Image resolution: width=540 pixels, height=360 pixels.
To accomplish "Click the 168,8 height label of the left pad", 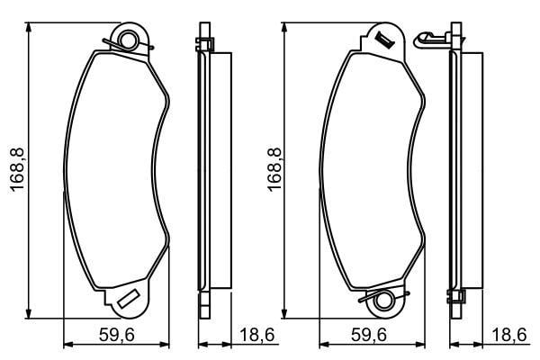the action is coord(17,169).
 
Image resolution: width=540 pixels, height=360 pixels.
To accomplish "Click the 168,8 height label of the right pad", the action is coord(274,169).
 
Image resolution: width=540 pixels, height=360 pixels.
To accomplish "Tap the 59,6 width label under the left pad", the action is coord(116,335).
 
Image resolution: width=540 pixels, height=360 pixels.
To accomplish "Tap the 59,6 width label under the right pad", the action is coord(369,335).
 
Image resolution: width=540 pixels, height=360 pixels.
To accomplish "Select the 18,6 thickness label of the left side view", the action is coord(256,335).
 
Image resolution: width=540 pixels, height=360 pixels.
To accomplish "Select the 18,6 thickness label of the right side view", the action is coord(509,335).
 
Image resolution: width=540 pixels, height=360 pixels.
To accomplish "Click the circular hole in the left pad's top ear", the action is coord(129,40).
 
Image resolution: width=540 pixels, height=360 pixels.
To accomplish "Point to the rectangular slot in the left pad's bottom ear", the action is coord(128,299).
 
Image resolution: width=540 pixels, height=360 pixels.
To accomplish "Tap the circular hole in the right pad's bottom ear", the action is coord(383,300).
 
